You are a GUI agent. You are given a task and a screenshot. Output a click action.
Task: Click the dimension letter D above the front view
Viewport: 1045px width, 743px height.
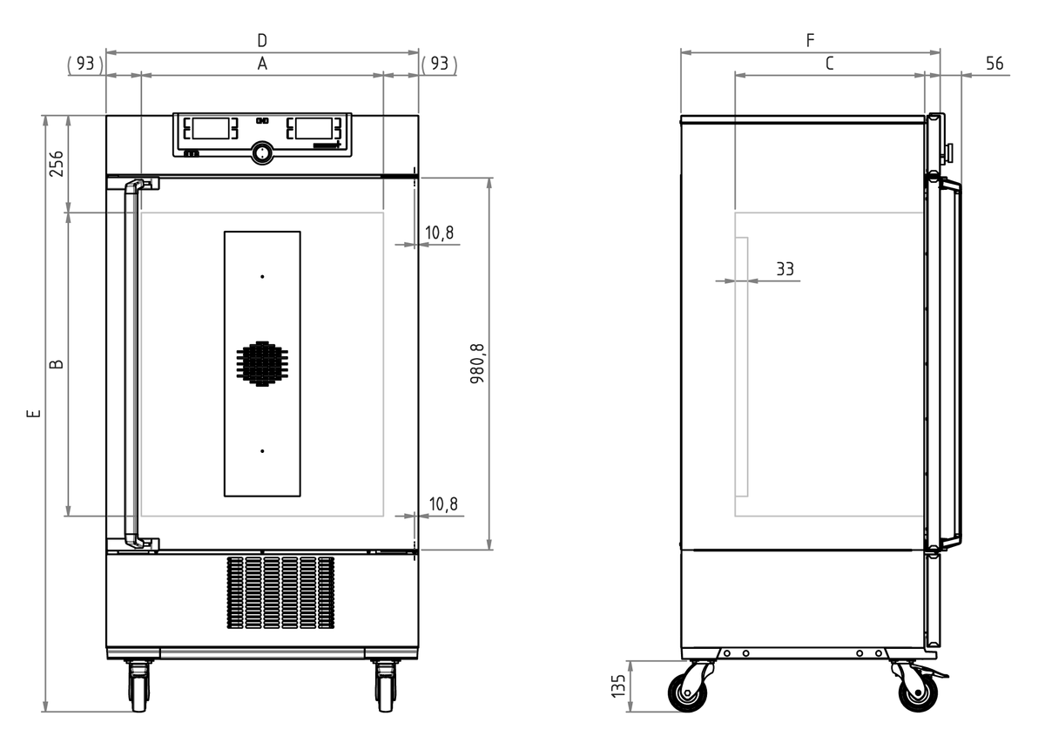(x=262, y=41)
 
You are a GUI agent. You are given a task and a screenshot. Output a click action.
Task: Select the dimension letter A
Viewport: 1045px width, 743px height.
(x=262, y=64)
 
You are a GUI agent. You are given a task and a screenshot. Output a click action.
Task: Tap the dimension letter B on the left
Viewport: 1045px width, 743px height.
(x=57, y=364)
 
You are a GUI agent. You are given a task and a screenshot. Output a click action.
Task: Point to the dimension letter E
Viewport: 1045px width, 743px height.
(x=34, y=414)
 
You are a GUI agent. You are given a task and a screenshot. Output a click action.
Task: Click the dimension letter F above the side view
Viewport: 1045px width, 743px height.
(x=811, y=41)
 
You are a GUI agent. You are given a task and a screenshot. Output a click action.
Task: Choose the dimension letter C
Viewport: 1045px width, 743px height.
(x=829, y=64)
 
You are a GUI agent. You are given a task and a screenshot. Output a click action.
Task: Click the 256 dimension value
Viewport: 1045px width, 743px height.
(x=57, y=164)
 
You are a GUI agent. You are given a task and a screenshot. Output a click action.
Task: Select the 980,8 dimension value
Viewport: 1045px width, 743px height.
(x=477, y=363)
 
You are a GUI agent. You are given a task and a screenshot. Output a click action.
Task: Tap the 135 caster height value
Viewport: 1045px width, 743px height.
(x=617, y=686)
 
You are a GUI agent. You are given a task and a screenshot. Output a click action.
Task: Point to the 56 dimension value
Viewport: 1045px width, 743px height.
(x=994, y=64)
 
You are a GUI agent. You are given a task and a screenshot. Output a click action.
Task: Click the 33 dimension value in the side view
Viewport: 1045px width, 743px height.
(x=785, y=269)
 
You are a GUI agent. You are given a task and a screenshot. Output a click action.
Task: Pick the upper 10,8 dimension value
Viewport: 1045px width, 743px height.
(x=439, y=233)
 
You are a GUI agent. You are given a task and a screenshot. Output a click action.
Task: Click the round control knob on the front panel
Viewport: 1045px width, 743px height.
(x=262, y=152)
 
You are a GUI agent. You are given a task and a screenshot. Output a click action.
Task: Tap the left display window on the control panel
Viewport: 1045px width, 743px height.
(x=211, y=128)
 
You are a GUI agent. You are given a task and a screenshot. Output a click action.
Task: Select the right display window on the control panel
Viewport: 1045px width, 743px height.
(x=313, y=128)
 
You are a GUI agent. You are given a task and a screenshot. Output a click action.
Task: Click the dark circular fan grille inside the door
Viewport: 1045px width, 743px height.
(x=262, y=363)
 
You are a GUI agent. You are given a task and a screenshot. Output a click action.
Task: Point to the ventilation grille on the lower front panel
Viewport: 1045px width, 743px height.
(x=280, y=592)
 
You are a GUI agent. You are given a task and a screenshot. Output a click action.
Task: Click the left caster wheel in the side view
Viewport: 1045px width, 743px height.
(x=687, y=692)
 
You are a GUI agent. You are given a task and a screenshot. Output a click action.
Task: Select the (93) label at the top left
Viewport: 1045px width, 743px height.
(x=85, y=64)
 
